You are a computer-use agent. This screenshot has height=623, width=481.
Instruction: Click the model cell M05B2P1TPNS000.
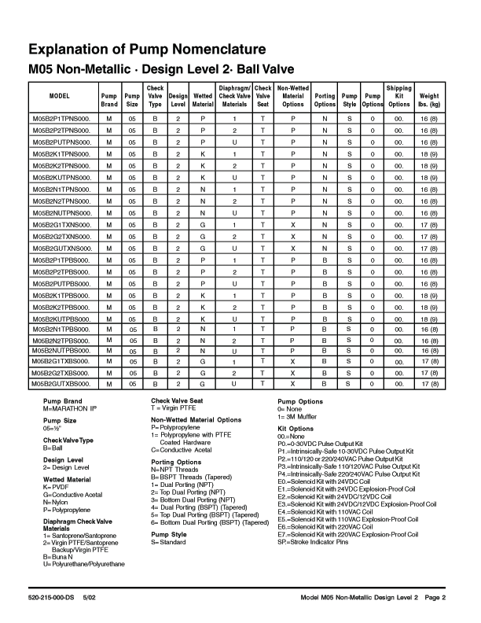(61, 118)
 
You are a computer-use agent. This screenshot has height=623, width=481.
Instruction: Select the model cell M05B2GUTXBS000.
(61, 384)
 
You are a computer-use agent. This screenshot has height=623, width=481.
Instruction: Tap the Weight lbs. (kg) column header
(430, 99)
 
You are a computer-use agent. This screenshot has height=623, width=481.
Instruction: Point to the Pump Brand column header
(109, 99)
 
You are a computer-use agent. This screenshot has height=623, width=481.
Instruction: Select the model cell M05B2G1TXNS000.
(61, 224)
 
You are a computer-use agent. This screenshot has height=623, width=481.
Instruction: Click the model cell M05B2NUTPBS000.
(61, 349)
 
